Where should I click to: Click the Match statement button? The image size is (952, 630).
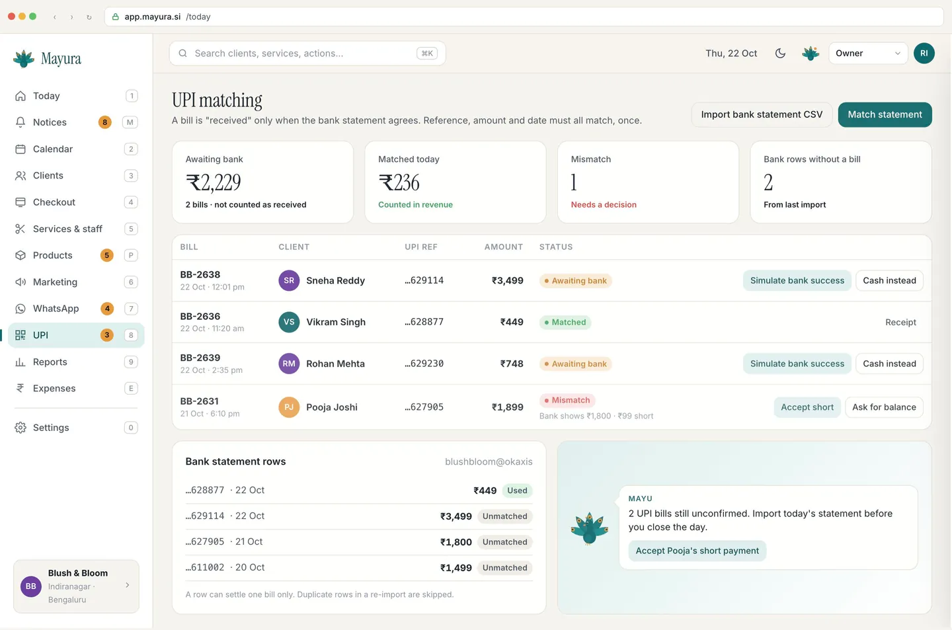[x=885, y=114]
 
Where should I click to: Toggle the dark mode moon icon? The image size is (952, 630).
[x=780, y=53]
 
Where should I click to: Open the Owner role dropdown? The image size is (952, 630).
[x=868, y=53]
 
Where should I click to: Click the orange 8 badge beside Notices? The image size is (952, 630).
[x=104, y=122]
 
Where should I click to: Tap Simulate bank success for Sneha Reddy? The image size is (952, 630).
[x=797, y=280]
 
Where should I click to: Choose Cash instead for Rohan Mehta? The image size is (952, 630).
[x=889, y=364]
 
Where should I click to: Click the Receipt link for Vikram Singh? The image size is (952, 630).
[x=900, y=322]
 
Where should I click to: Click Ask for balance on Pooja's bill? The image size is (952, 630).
[x=884, y=407]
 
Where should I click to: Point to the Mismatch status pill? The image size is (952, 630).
[x=567, y=400]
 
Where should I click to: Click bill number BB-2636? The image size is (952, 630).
[x=200, y=316]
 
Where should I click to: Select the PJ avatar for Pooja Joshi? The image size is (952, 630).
[x=289, y=407]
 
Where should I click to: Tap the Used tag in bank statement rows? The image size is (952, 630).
[x=517, y=490]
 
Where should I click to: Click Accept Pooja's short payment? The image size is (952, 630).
[x=697, y=551]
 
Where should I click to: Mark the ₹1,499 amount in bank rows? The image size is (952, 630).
[x=456, y=567]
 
